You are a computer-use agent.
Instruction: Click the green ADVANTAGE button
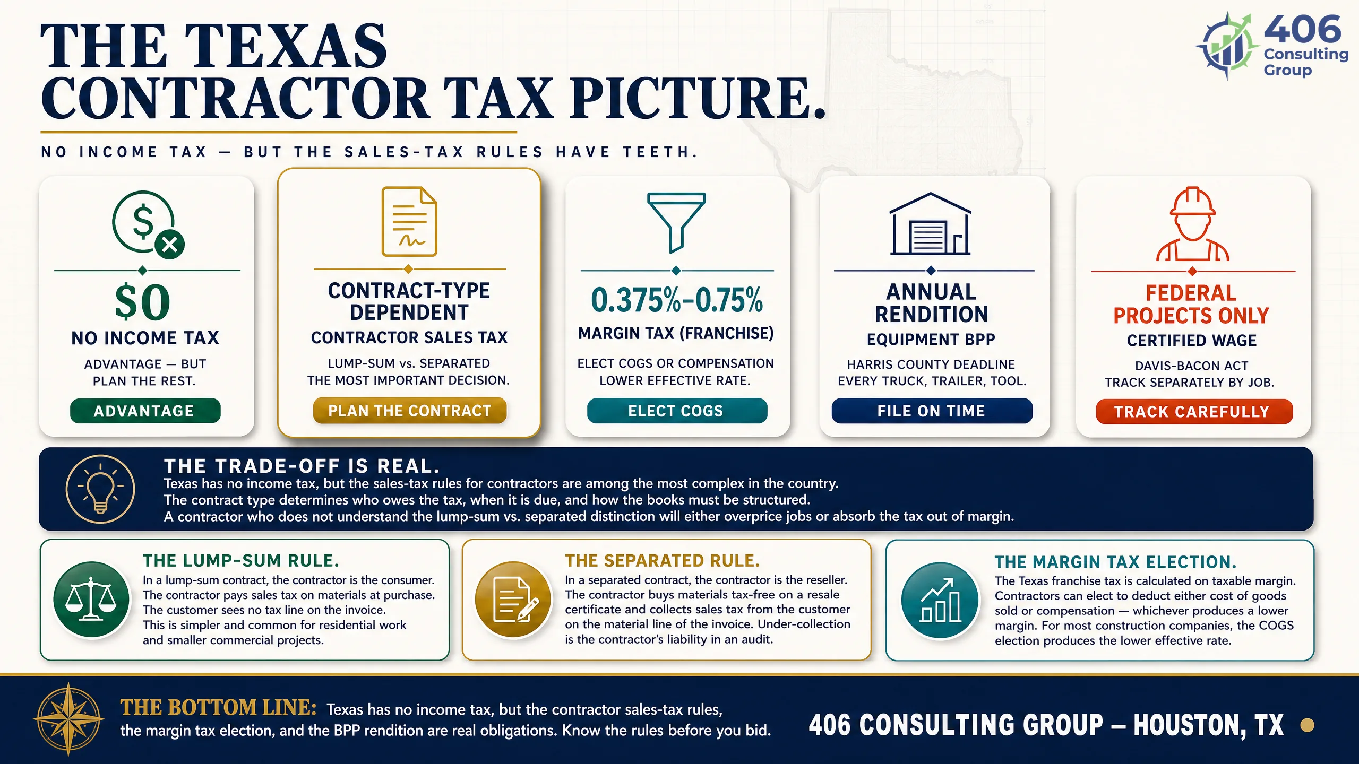(145, 411)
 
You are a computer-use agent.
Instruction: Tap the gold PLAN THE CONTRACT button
(409, 411)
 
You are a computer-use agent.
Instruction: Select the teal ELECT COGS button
(677, 411)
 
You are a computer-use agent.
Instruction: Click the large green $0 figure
(143, 302)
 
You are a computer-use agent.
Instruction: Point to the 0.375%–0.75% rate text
(677, 300)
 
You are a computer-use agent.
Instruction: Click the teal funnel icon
(676, 222)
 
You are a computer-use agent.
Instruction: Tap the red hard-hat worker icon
(1192, 224)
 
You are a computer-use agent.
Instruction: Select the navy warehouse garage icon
(930, 223)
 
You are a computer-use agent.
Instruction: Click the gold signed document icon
(409, 221)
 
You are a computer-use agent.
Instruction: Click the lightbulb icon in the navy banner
(100, 489)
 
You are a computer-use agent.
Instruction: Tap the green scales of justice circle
(91, 600)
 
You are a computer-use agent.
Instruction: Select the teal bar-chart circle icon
(940, 600)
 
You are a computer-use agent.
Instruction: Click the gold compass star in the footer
(68, 719)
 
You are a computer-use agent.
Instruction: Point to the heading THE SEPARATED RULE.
(662, 561)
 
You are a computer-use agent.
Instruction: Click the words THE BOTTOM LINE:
(218, 708)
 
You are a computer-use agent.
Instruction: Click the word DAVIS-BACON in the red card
(1175, 366)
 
